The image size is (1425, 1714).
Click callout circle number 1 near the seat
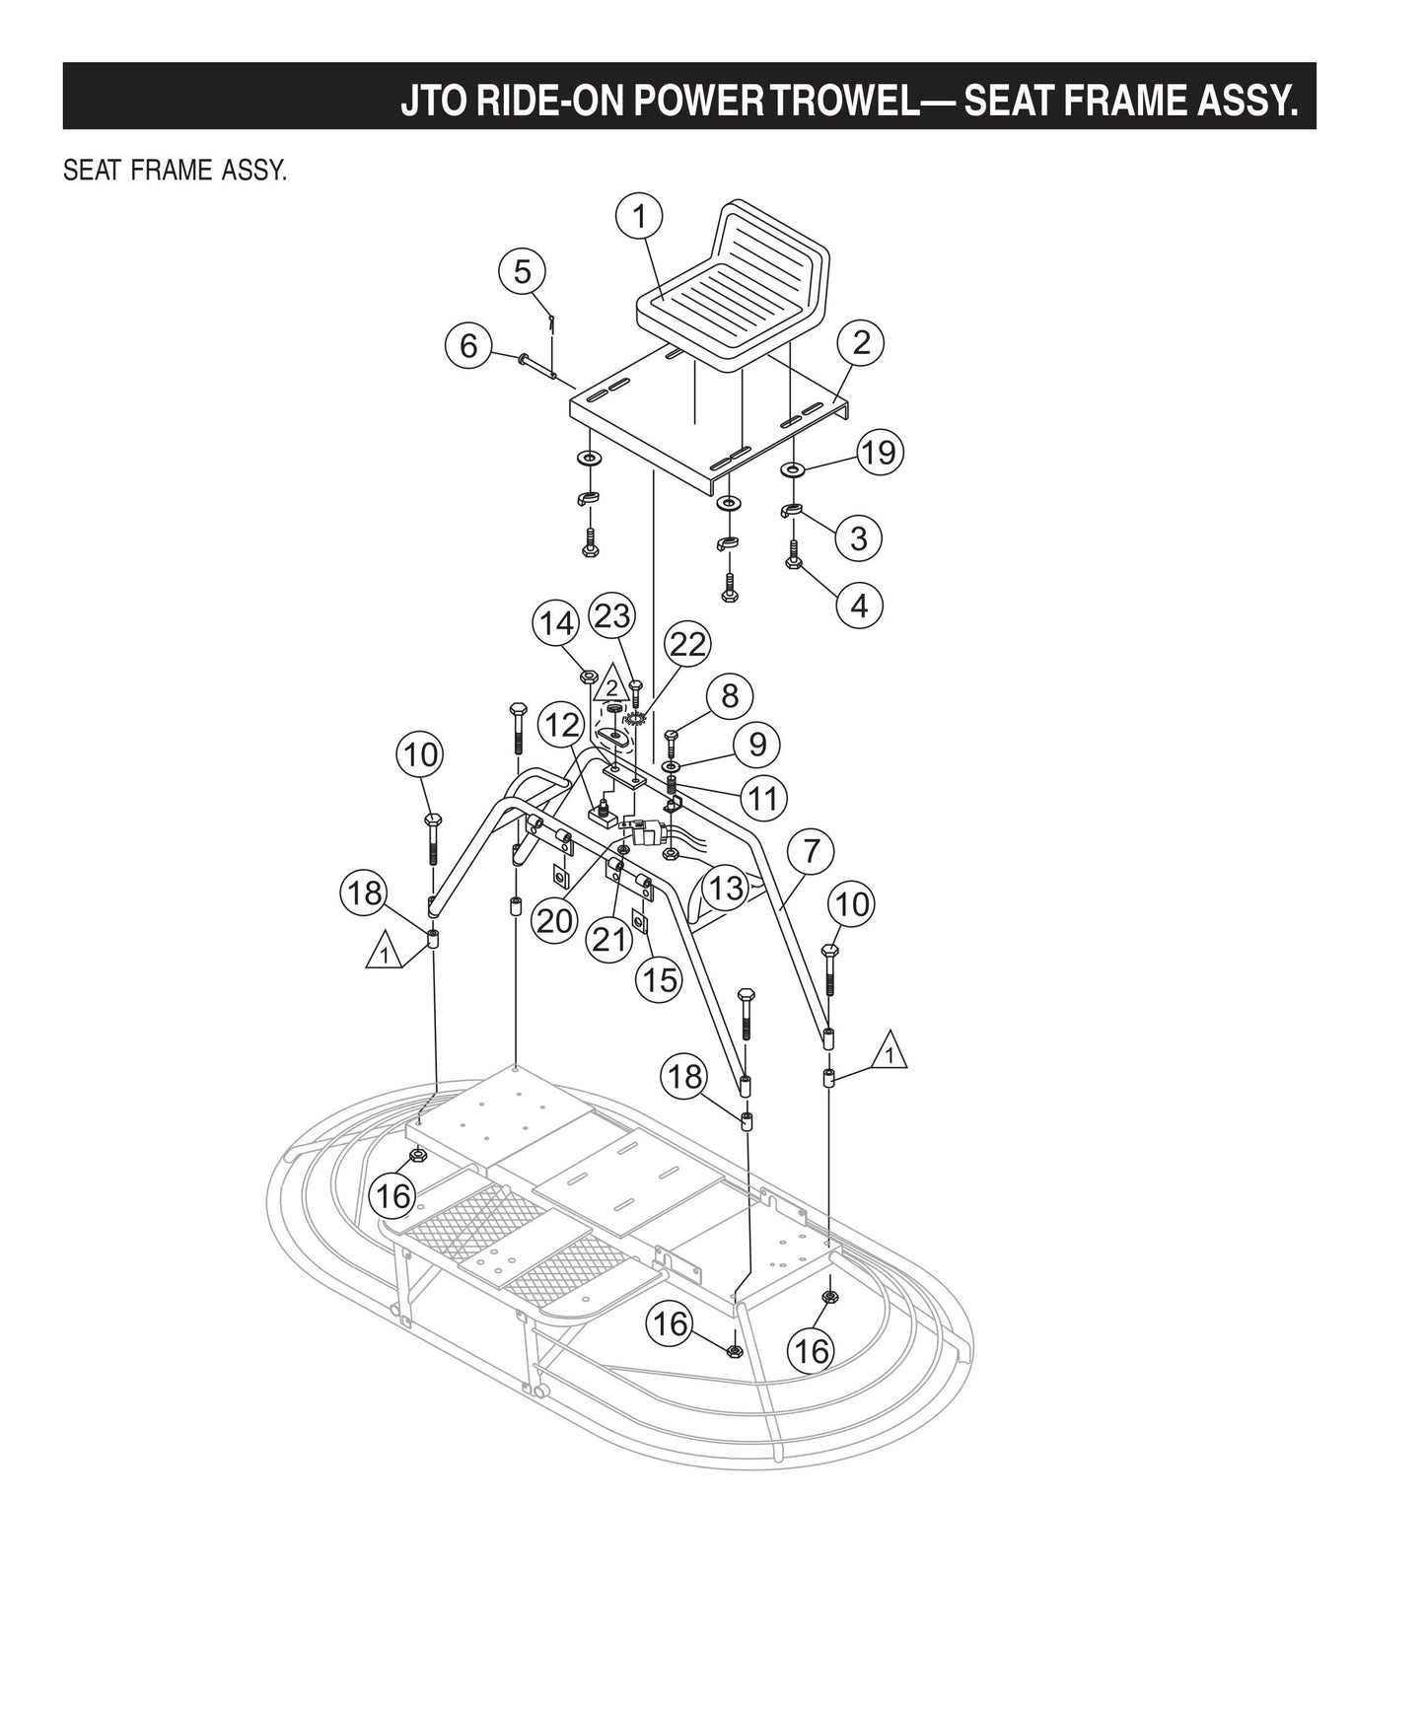[x=639, y=216]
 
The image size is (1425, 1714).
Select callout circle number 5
[x=523, y=271]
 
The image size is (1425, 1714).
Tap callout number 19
[x=879, y=452]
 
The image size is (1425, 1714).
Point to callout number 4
[x=859, y=605]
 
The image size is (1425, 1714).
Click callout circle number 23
[x=611, y=616]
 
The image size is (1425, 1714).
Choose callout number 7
[x=812, y=850]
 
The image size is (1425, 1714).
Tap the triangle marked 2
[x=611, y=686]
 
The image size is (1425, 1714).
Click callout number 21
[x=608, y=939]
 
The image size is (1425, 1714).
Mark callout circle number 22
[x=687, y=644]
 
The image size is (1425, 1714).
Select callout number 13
[x=726, y=888]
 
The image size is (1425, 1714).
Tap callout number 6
[x=468, y=345]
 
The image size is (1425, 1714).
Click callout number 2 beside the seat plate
[x=861, y=343]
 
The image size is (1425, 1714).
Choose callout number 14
[x=556, y=624]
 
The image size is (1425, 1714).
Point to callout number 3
[x=858, y=538]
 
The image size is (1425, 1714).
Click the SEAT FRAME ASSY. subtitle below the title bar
[x=175, y=172]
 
